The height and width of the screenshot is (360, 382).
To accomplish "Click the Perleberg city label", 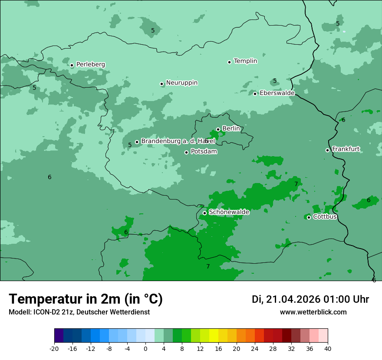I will click(x=90, y=65).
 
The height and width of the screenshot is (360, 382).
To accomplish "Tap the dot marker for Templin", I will click(x=229, y=62).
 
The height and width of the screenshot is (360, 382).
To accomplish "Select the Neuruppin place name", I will click(x=181, y=83).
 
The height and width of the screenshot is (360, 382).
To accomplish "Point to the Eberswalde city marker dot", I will click(x=255, y=94).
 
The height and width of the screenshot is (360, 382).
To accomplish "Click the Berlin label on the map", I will click(x=231, y=129).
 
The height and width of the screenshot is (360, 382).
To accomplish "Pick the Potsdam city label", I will click(x=204, y=152).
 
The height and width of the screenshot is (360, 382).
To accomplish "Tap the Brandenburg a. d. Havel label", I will click(x=178, y=141).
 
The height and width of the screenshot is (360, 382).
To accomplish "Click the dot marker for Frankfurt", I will click(x=327, y=150).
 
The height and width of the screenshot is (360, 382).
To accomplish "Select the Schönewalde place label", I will click(x=229, y=212).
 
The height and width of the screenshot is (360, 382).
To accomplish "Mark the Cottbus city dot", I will click(x=309, y=217).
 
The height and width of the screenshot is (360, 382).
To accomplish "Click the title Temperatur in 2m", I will click(x=86, y=299).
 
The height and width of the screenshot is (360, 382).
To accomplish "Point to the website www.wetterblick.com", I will click(x=313, y=312).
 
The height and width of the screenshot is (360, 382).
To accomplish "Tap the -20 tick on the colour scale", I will click(x=54, y=349).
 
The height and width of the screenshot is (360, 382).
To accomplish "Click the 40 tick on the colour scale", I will click(x=328, y=349).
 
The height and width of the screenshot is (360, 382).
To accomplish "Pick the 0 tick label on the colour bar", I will click(x=145, y=349).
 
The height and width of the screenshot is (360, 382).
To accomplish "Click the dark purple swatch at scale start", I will click(x=59, y=336).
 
